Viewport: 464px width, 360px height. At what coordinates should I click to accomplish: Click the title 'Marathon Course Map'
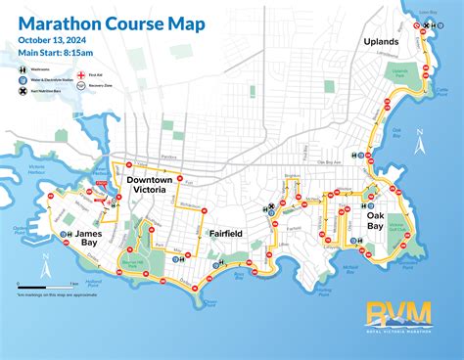pyautogui.click(x=110, y=20)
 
